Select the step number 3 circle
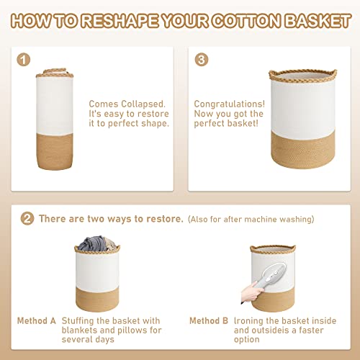(x=202, y=60)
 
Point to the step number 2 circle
(x=27, y=217)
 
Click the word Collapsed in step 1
(x=140, y=104)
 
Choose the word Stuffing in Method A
(x=80, y=320)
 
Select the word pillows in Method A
(x=130, y=330)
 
